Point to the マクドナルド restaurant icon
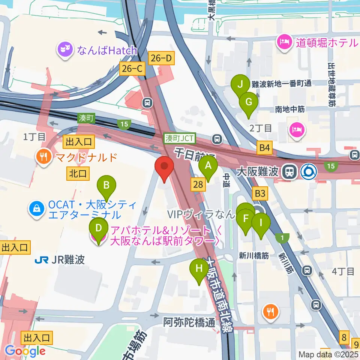tap(44, 157)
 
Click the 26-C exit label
tap(132, 69)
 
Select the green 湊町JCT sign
tap(180, 138)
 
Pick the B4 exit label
tap(264, 148)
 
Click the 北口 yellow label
tap(78, 173)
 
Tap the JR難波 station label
tap(60, 259)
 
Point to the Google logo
tap(25, 351)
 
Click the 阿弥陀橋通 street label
tap(189, 322)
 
